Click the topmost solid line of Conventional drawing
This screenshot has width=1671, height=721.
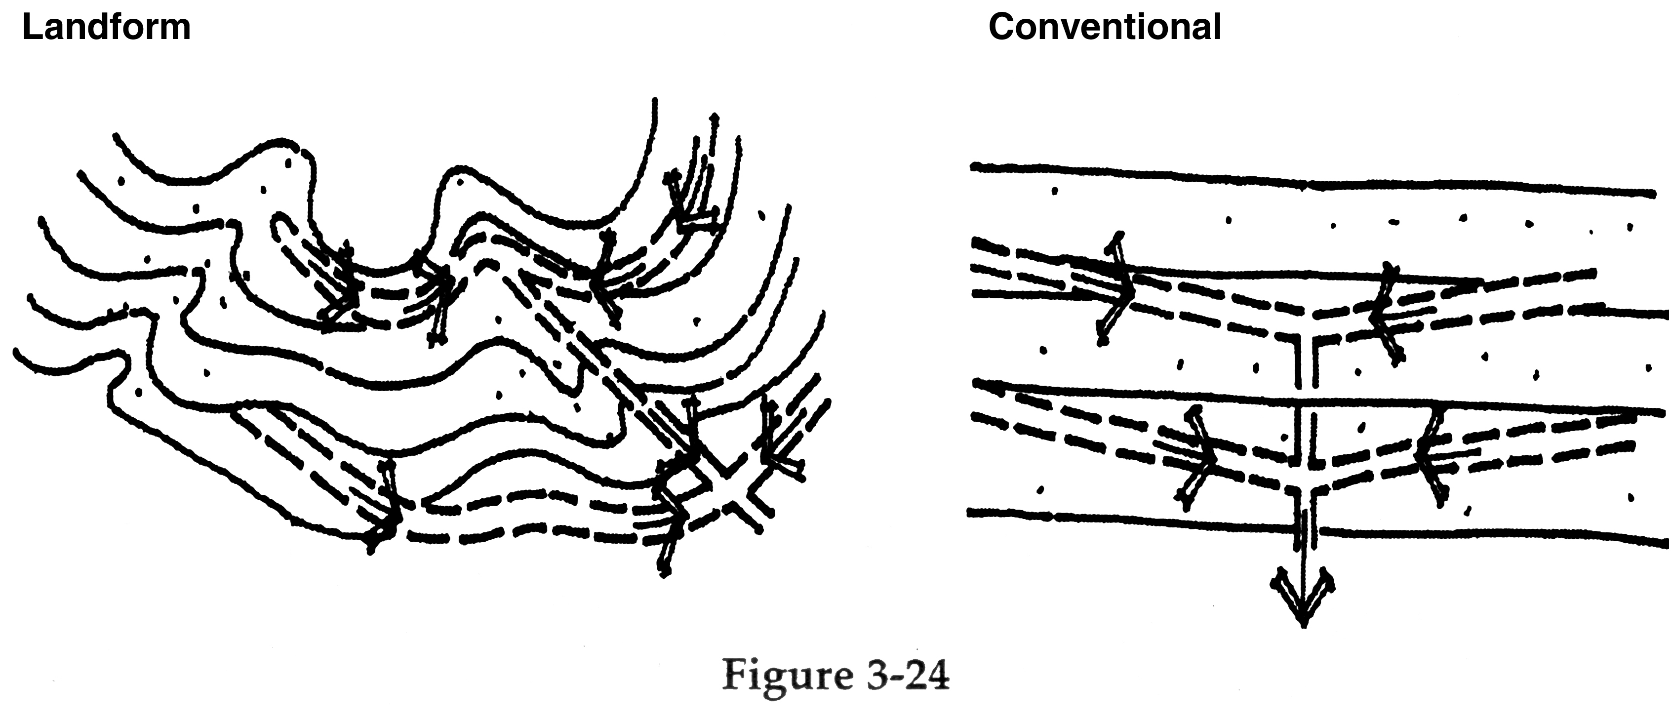tap(1311, 180)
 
